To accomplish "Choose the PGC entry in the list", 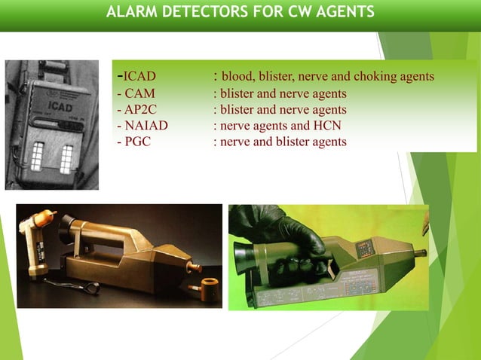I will tap(138, 141).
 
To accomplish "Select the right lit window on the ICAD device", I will tap(66, 159).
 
